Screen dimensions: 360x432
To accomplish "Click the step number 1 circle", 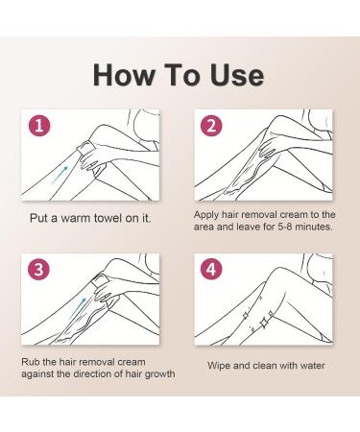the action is click(x=39, y=126).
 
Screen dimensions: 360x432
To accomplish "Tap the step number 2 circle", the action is click(x=211, y=126).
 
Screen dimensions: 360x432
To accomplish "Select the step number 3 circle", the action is click(x=39, y=270).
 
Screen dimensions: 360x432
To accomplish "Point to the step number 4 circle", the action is click(x=211, y=270).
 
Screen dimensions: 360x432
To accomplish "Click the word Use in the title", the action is click(x=237, y=75).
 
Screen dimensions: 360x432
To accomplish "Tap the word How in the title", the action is click(x=124, y=75).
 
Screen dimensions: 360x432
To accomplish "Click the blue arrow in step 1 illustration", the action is click(x=60, y=175).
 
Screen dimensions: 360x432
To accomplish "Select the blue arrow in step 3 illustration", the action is click(x=77, y=308).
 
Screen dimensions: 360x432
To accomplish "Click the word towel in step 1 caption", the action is click(x=108, y=218).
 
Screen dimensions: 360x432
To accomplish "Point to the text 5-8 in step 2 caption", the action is click(x=284, y=227).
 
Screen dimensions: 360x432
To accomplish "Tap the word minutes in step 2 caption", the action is click(x=314, y=227).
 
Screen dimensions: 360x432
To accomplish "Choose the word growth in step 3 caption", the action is click(x=159, y=374).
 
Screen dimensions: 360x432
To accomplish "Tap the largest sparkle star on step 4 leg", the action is click(x=264, y=323).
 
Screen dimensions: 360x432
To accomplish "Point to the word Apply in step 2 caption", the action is click(x=205, y=215).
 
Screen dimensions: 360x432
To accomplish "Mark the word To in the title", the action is click(x=182, y=75).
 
